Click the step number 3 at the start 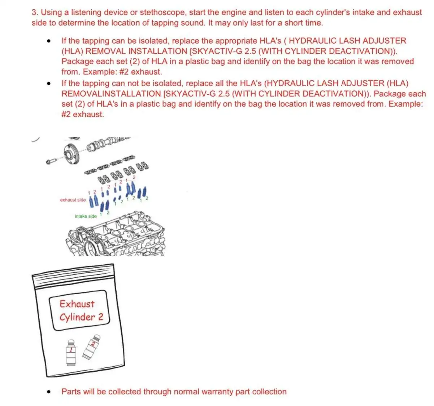click(34, 13)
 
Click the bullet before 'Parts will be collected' click(48, 392)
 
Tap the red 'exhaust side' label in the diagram click(73, 200)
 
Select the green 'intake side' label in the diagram click(86, 216)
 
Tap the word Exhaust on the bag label click(77, 304)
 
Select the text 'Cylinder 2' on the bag click(81, 317)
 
